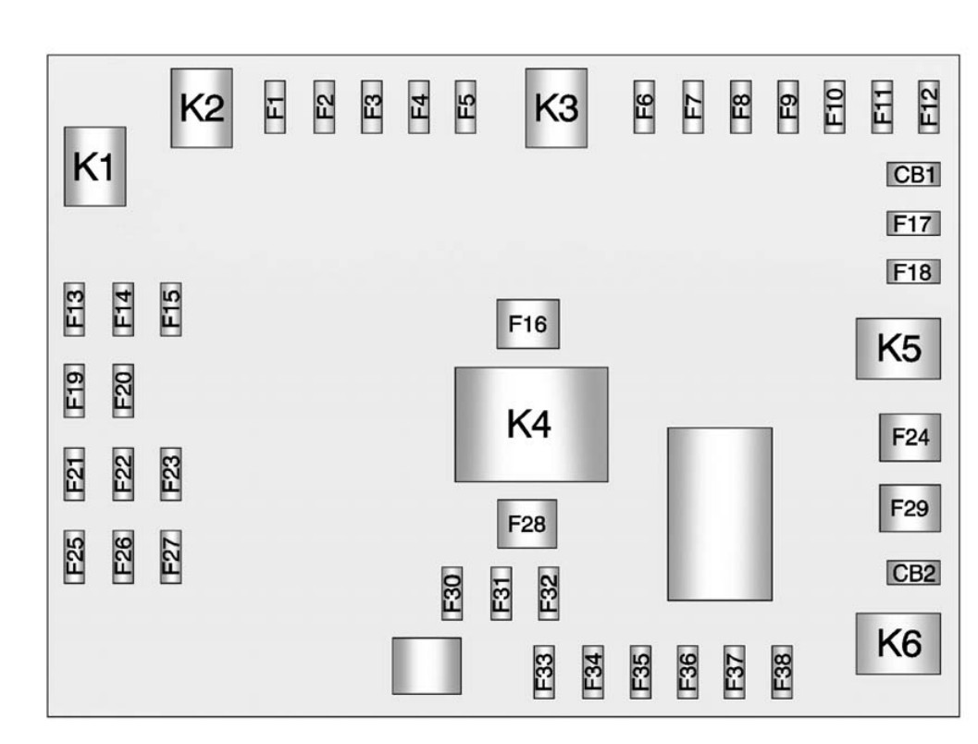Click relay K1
point(94,167)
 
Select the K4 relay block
point(531,424)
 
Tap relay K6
point(898,643)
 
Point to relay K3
point(556,108)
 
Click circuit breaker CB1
point(914,175)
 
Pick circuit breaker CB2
point(914,573)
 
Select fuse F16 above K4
point(528,324)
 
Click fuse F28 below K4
point(527,524)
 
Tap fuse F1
point(275,106)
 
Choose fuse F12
point(929,106)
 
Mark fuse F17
point(914,223)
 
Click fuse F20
point(123,391)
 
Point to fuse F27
point(171,557)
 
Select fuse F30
point(452,594)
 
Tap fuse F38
point(782,672)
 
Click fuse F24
point(910,437)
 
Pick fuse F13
point(74,309)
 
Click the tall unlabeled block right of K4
point(720,514)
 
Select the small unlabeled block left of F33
point(427,665)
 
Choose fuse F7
point(693,106)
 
